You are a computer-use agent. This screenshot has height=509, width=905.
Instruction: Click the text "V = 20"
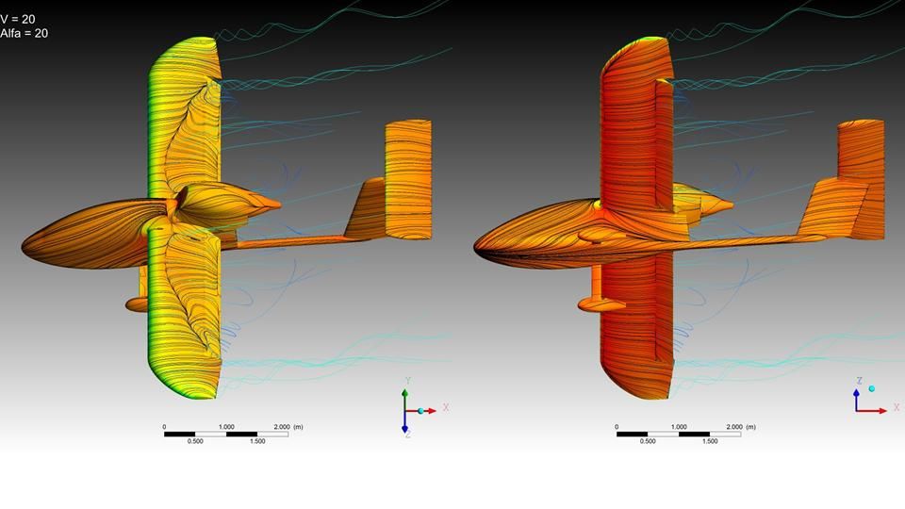point(18,20)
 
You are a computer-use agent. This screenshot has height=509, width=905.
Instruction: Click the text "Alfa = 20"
point(25,34)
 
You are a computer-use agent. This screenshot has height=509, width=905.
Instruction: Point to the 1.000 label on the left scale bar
point(226,427)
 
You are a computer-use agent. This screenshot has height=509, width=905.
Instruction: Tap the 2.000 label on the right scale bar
point(734,427)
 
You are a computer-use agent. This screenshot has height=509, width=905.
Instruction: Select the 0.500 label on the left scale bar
point(195,441)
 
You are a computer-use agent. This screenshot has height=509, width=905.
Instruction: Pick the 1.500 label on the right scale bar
point(710,441)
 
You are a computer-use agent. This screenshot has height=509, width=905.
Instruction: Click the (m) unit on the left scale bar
point(298,427)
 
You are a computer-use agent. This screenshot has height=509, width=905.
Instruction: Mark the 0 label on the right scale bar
point(617,427)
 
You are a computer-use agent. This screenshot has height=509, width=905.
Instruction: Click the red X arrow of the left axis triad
point(421,411)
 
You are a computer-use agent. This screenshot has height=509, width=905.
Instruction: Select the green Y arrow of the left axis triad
point(405,400)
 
